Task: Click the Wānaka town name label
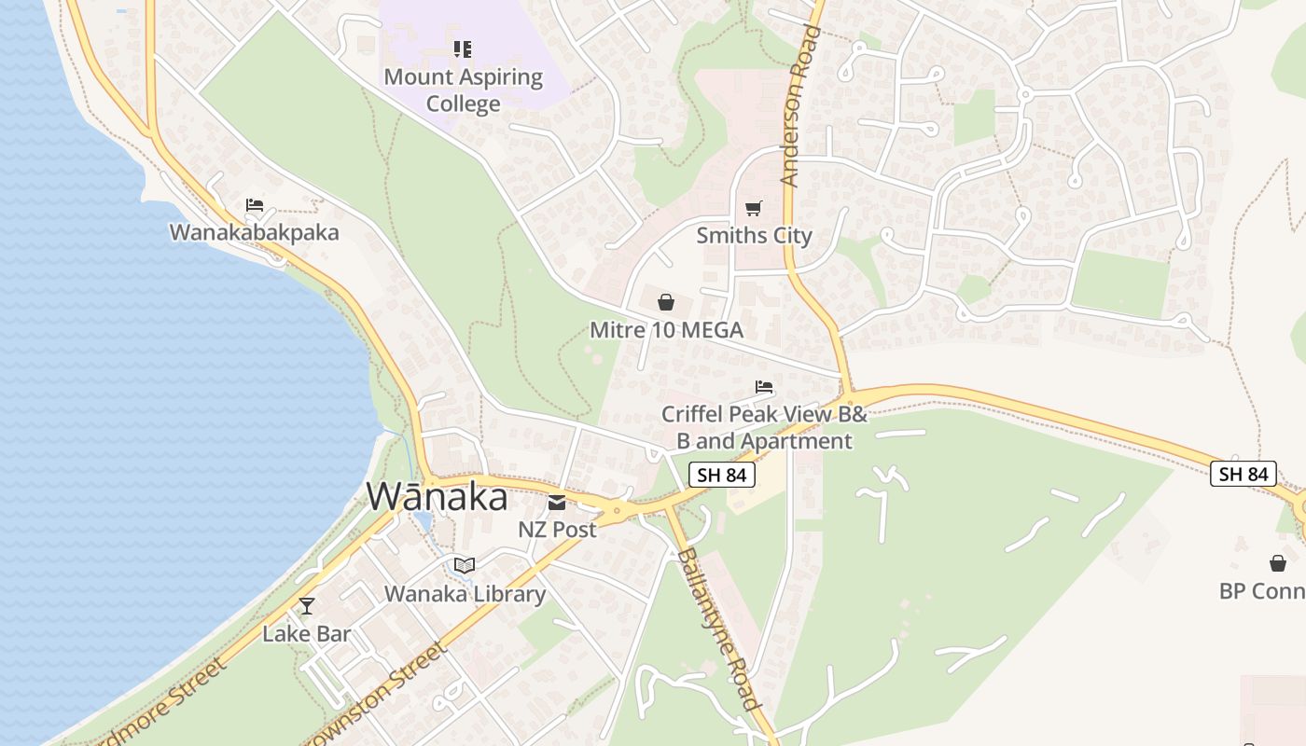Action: click(x=437, y=496)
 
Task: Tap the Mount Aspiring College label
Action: click(x=464, y=90)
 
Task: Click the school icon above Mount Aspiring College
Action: click(x=463, y=48)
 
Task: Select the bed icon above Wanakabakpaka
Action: click(x=255, y=205)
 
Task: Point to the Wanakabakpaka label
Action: click(x=254, y=231)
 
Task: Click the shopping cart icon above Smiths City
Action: click(x=754, y=208)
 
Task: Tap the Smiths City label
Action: click(x=754, y=235)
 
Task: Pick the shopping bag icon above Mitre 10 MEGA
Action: click(x=666, y=302)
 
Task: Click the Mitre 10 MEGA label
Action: click(x=666, y=329)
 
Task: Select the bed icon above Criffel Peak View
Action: click(x=764, y=386)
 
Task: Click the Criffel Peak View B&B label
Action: click(x=764, y=426)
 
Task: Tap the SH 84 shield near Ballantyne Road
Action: click(x=722, y=474)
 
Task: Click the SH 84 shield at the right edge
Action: click(x=1243, y=474)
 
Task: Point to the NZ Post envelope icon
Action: click(x=557, y=504)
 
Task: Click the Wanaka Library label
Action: click(x=465, y=593)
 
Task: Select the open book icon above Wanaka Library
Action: click(x=464, y=565)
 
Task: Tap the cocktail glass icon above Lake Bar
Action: click(x=307, y=606)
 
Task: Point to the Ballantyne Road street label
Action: click(x=719, y=629)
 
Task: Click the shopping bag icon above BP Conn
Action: click(x=1278, y=563)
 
